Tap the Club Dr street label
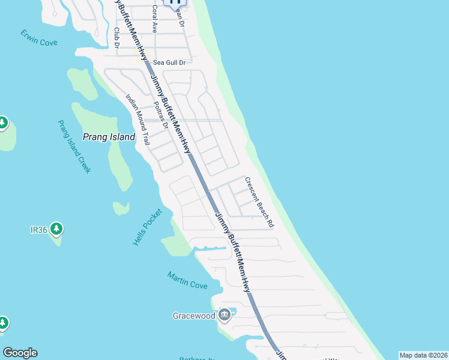116,37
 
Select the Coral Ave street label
154,19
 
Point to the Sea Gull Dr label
170,62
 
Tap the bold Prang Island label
109,137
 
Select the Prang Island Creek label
74,147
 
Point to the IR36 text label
38,229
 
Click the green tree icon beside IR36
56,229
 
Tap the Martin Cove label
187,280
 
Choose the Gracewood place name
194,316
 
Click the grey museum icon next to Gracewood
224,314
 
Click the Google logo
20,353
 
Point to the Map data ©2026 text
423,355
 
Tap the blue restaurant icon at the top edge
175,2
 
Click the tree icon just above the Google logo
2,323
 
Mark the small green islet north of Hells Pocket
121,208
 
